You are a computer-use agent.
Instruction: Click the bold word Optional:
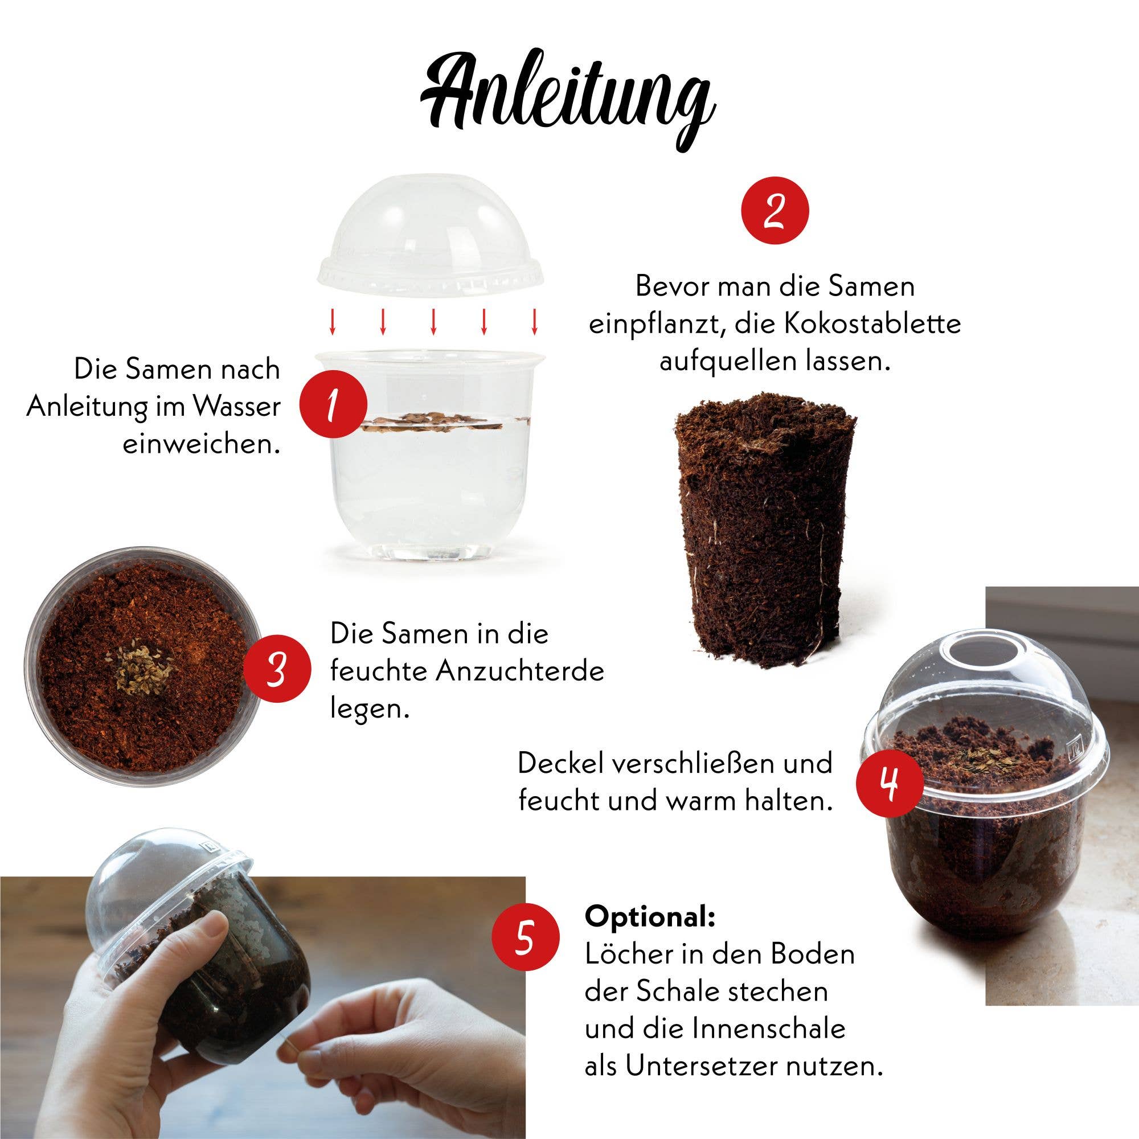tap(650, 917)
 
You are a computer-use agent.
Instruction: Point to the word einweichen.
tap(200, 443)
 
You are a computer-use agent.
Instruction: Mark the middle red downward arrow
tap(433, 321)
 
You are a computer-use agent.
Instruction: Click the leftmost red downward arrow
tap(333, 321)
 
